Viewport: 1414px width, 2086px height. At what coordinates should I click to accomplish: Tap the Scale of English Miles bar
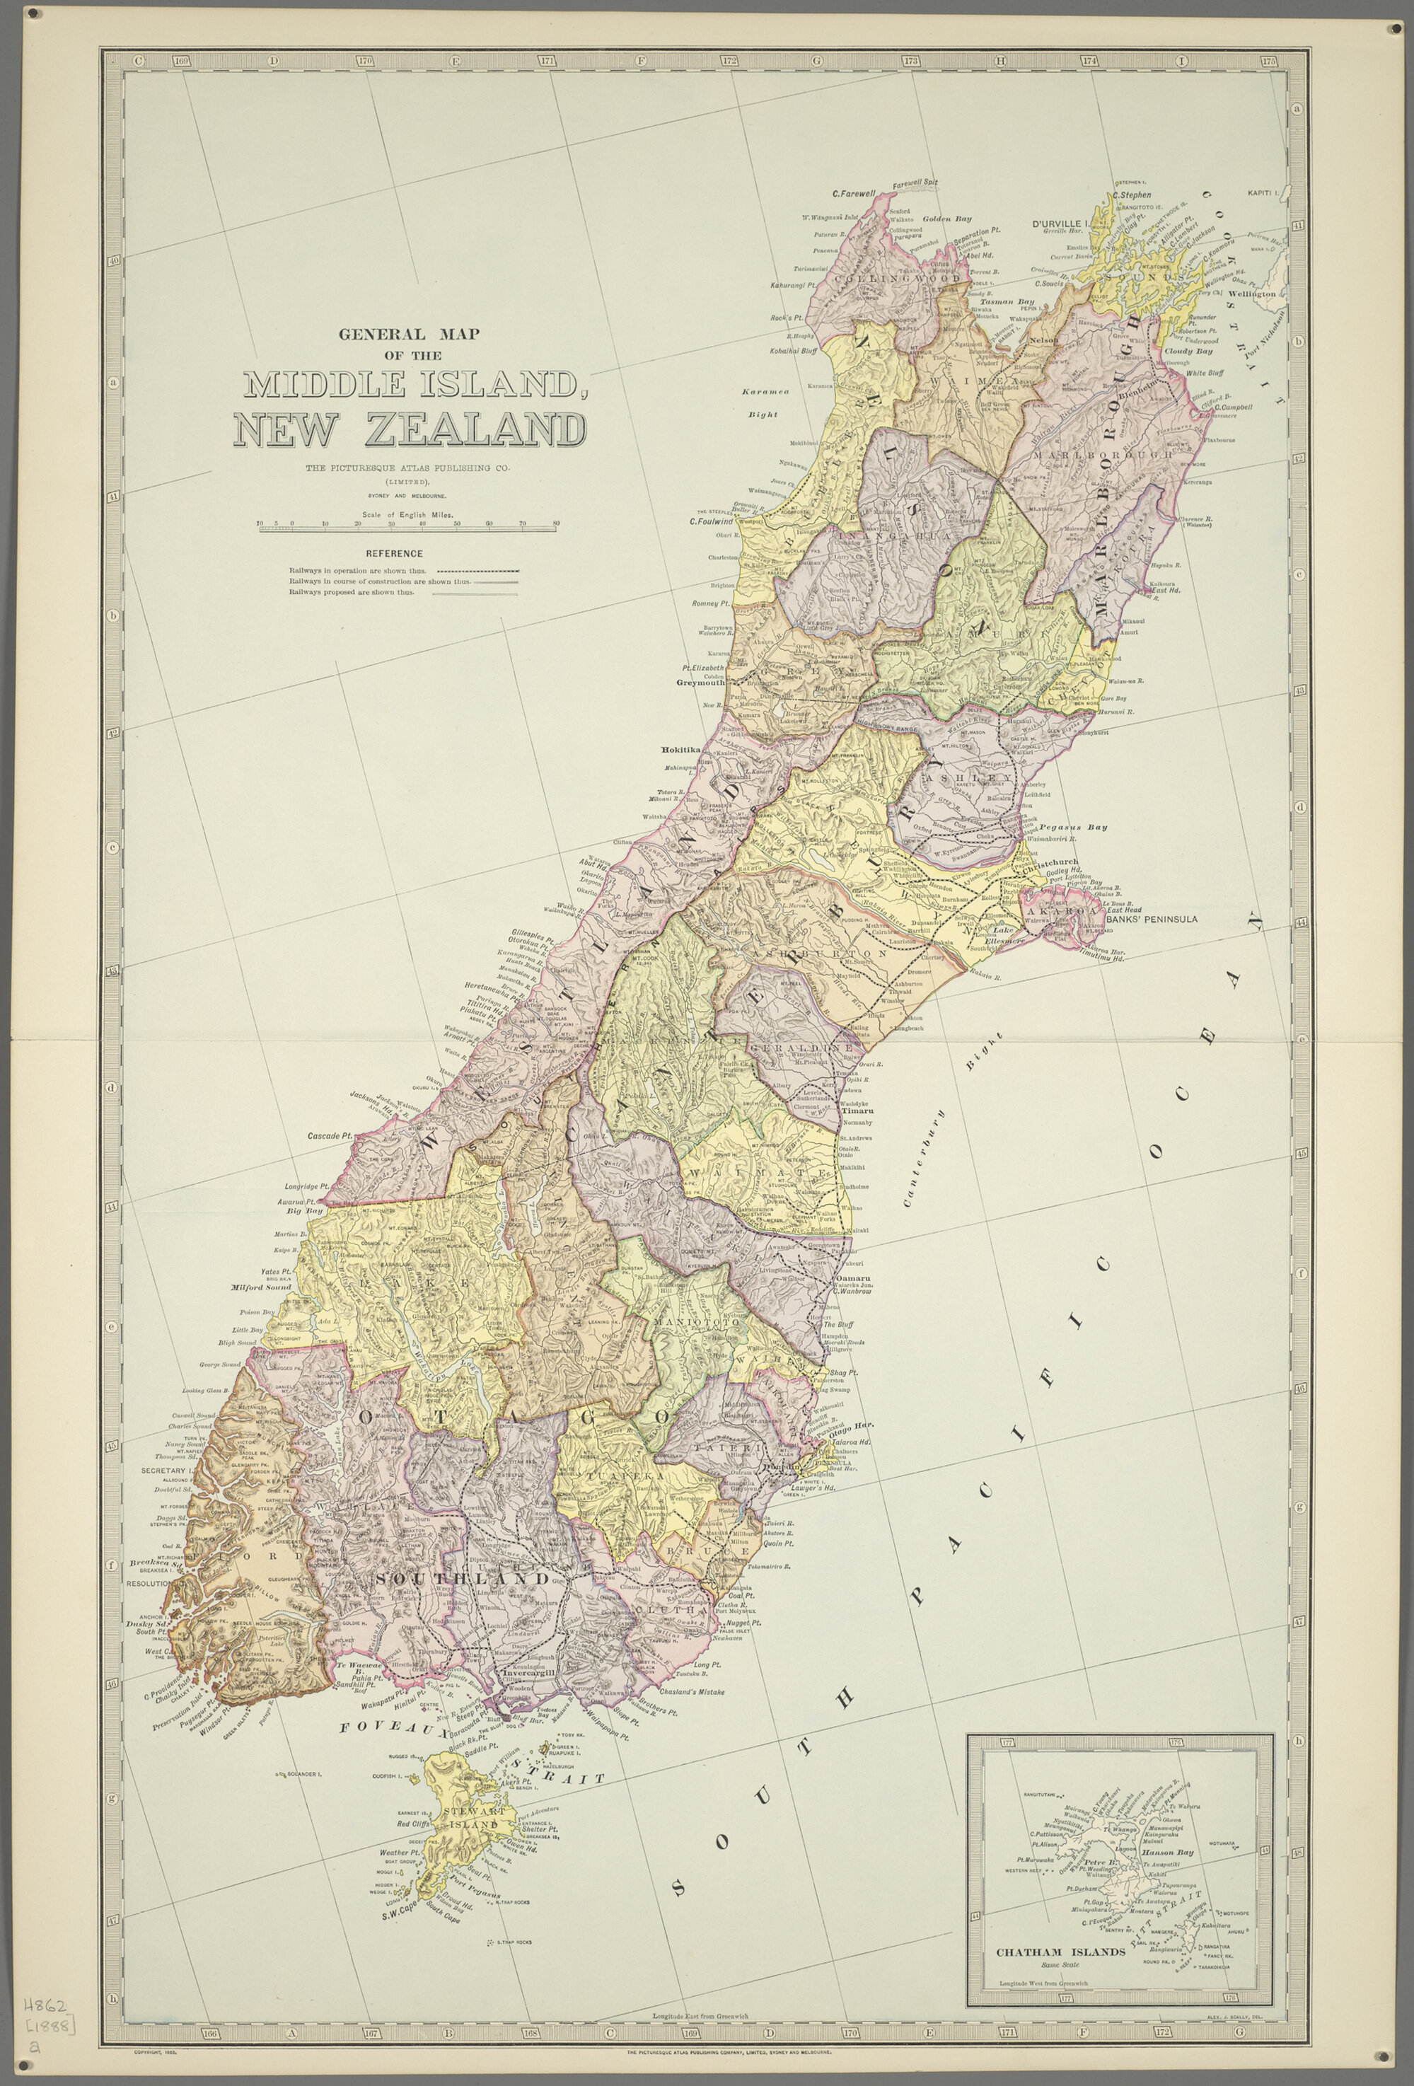point(408,531)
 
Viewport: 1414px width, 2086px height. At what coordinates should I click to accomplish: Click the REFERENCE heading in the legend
point(394,553)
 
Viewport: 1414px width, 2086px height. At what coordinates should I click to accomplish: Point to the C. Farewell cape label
point(854,193)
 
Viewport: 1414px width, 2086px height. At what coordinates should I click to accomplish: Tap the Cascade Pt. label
point(330,1135)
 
